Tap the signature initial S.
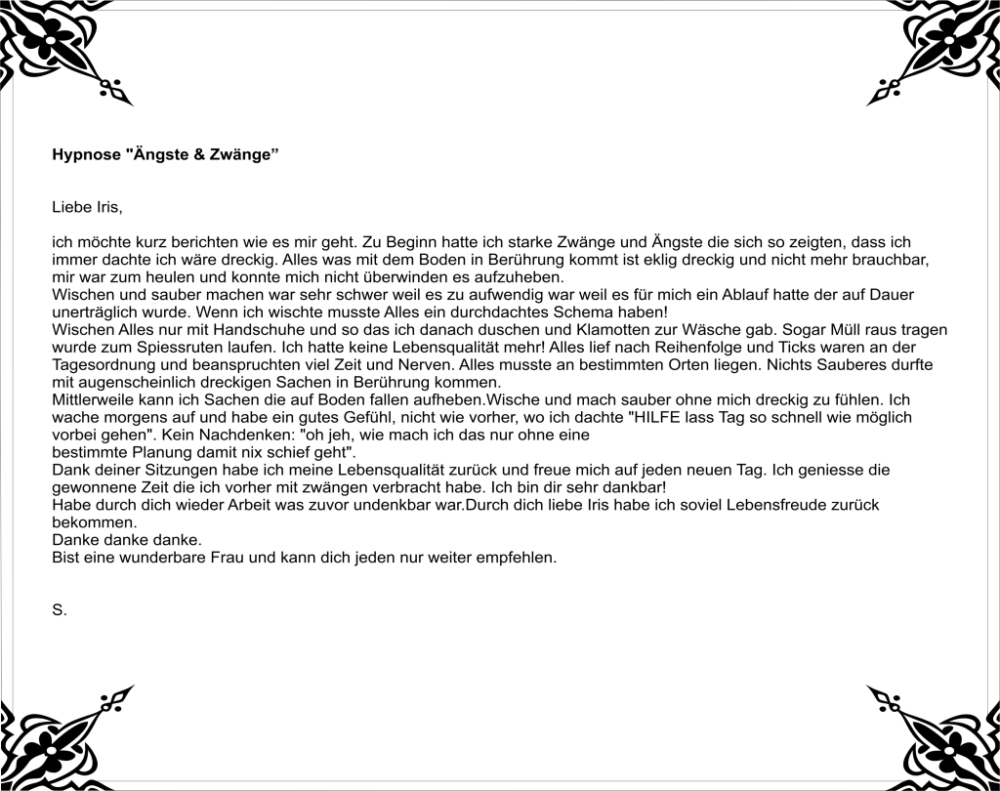(x=58, y=610)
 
